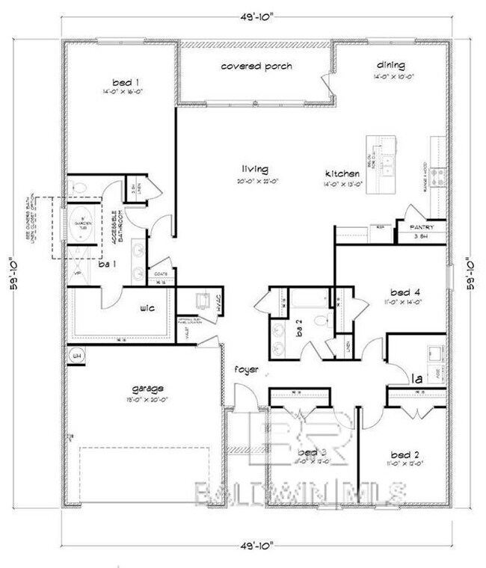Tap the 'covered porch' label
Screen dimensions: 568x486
(256, 67)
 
